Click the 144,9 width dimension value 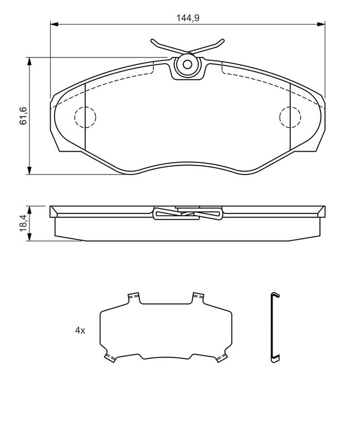point(188,18)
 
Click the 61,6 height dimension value point(23,115)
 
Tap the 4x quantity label point(80,331)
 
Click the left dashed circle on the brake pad point(85,117)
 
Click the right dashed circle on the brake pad point(289,117)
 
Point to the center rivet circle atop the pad point(188,64)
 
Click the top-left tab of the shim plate point(133,297)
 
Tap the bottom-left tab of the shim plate point(109,357)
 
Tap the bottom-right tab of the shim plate point(222,357)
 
